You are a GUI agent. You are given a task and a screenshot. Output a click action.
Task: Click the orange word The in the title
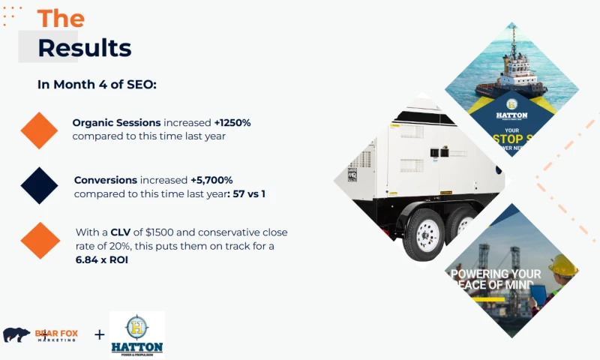point(61,18)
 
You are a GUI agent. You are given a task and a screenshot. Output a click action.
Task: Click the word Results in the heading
point(84,48)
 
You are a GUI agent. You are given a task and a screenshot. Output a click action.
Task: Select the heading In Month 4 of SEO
point(97,84)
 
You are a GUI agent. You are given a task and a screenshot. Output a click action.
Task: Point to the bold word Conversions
point(105,180)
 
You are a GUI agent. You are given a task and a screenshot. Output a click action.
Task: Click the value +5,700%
point(212,180)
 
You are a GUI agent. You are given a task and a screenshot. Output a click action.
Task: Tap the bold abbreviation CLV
point(121,232)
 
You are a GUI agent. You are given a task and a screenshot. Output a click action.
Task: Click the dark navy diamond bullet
point(40,185)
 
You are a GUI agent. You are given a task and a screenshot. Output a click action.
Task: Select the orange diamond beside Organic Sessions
point(40,130)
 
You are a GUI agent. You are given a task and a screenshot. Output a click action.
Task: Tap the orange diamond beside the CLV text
point(40,240)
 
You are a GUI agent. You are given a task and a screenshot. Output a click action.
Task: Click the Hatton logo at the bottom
point(136,334)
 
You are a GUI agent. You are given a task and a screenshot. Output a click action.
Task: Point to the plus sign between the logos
point(99,334)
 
